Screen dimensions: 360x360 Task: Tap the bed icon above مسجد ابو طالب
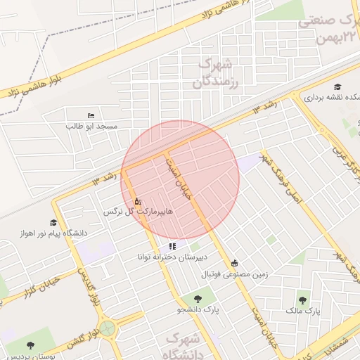coord(91,115)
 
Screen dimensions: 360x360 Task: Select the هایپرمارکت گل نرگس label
coord(138,211)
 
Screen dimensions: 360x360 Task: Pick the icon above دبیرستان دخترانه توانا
coord(172,246)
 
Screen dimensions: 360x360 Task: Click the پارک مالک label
coord(303,309)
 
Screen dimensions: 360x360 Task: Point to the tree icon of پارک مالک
coord(303,299)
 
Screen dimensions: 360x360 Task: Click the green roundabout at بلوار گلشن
coord(107,328)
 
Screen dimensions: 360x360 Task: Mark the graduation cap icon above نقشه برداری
coord(347,86)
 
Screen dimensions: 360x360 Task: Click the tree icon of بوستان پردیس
coord(31,345)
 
